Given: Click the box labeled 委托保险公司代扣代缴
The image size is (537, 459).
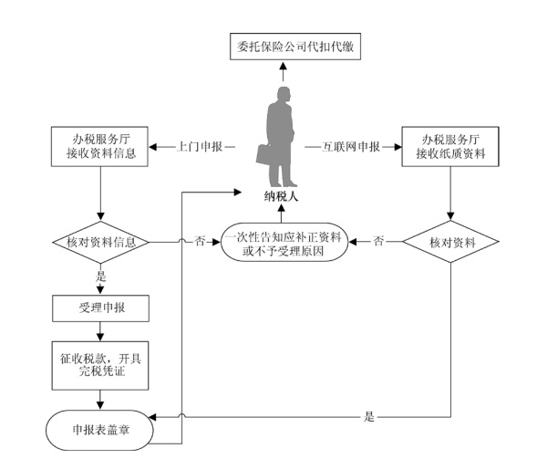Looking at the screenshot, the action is click(x=295, y=47).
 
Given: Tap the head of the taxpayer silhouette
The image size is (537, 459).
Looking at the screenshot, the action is click(x=284, y=94).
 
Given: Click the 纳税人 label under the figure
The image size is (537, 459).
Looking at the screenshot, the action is click(x=281, y=196).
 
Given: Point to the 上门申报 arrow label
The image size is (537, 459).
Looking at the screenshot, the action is click(x=200, y=147).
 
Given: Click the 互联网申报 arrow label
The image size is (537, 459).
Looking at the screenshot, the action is click(x=351, y=147).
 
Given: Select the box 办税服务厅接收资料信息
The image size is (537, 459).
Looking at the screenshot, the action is click(x=99, y=147).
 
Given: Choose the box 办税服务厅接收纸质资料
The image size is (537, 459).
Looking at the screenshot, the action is click(x=450, y=147).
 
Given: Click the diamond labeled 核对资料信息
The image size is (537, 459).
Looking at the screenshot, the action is click(x=100, y=243).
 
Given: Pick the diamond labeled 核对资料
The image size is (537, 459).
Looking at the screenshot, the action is click(x=450, y=242).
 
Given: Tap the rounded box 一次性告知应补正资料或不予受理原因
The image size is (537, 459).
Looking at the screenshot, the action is click(x=284, y=242).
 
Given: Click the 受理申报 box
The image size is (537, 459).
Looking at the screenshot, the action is click(x=100, y=308).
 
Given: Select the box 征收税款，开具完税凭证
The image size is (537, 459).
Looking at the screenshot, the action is click(x=100, y=365).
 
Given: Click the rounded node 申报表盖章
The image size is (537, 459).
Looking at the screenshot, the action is click(x=99, y=430).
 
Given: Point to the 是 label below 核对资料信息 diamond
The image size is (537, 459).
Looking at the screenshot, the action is click(x=100, y=276).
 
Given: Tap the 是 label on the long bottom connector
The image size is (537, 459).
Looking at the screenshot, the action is click(x=369, y=417).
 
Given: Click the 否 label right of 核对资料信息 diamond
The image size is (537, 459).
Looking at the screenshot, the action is click(x=200, y=241).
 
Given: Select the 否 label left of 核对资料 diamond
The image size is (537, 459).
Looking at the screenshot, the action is click(x=378, y=241).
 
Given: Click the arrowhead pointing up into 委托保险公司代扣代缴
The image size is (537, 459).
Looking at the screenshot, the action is click(x=283, y=66).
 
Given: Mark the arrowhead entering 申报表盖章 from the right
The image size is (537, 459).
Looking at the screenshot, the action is click(x=153, y=417).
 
